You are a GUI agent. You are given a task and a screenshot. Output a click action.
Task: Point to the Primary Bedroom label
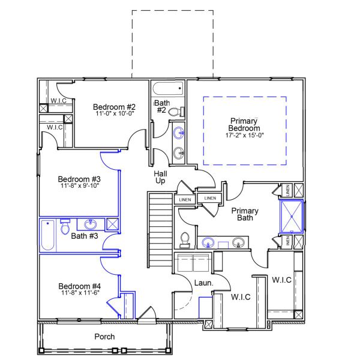245,125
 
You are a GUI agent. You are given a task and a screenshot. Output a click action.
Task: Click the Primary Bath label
245,214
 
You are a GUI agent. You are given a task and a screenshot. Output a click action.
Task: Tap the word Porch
104,337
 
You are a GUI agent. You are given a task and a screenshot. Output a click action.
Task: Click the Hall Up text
160,177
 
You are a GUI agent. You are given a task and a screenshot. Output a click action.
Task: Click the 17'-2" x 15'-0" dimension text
245,136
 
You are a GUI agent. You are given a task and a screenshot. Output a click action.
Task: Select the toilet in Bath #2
175,112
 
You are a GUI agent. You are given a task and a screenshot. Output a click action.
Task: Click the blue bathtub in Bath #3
48,235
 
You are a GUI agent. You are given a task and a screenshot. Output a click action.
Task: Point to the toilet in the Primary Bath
185,239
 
